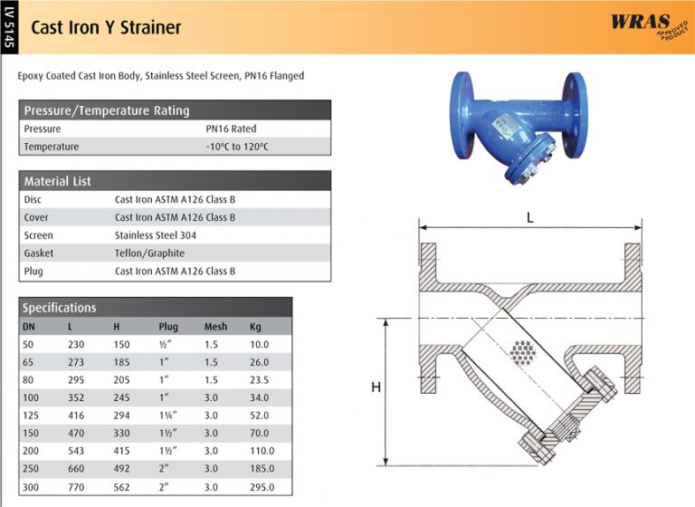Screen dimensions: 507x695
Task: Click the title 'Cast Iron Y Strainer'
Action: pyautogui.click(x=106, y=27)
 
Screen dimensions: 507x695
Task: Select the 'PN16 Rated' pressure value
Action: pyautogui.click(x=231, y=129)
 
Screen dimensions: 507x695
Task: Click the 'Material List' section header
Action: pyautogui.click(x=57, y=181)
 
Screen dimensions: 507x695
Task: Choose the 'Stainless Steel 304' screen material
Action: pyautogui.click(x=156, y=235)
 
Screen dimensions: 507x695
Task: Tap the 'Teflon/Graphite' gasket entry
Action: pyautogui.click(x=149, y=253)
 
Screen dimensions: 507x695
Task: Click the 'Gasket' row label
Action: pyautogui.click(x=39, y=253)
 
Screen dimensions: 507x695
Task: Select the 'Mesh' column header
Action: pyautogui.click(x=215, y=326)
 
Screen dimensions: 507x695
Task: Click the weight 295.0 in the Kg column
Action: pyautogui.click(x=262, y=487)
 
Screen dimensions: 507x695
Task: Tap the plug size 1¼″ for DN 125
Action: pyautogui.click(x=168, y=415)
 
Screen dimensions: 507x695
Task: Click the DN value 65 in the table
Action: pyautogui.click(x=29, y=362)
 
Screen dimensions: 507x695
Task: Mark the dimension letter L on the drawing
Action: pyautogui.click(x=529, y=217)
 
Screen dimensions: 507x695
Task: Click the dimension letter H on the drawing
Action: pyautogui.click(x=376, y=387)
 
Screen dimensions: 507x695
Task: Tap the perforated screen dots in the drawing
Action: pyautogui.click(x=523, y=351)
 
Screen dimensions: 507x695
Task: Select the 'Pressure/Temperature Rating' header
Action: pyautogui.click(x=107, y=110)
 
